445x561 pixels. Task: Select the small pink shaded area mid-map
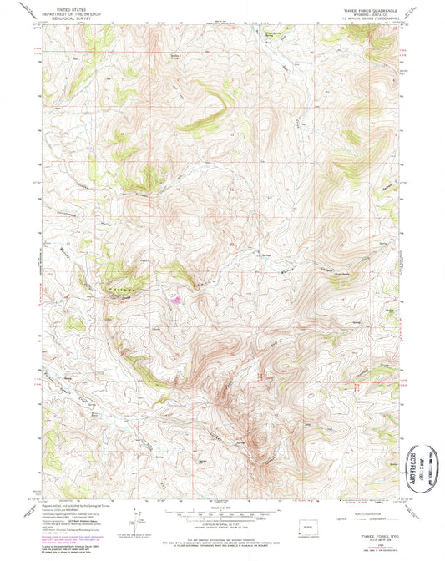click(176, 297)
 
